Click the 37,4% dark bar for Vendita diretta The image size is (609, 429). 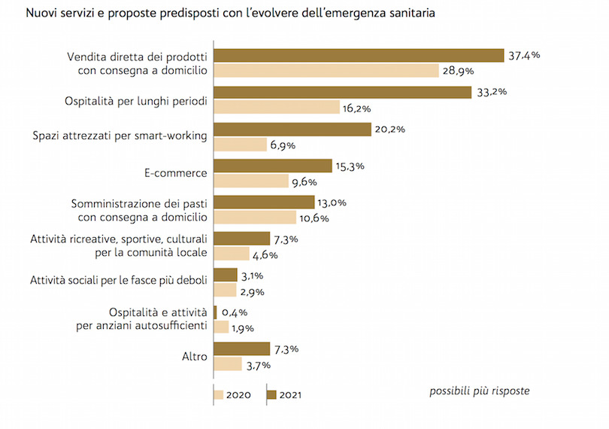(x=359, y=56)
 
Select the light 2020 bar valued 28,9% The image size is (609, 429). (x=326, y=71)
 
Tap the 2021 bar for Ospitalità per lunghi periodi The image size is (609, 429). (x=343, y=93)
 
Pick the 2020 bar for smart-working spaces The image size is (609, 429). (x=240, y=144)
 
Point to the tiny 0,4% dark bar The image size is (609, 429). (x=216, y=312)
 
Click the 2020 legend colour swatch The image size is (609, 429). (x=219, y=394)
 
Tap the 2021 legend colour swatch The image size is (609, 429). (x=271, y=394)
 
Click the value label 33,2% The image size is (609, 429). (x=492, y=92)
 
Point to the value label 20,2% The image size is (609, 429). (x=390, y=129)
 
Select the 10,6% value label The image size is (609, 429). (x=316, y=218)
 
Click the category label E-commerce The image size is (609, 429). (x=175, y=173)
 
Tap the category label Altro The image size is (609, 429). (x=194, y=356)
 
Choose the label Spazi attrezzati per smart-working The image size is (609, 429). (x=120, y=136)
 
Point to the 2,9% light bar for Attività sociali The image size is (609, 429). (x=226, y=291)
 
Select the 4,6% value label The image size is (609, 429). (x=265, y=254)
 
